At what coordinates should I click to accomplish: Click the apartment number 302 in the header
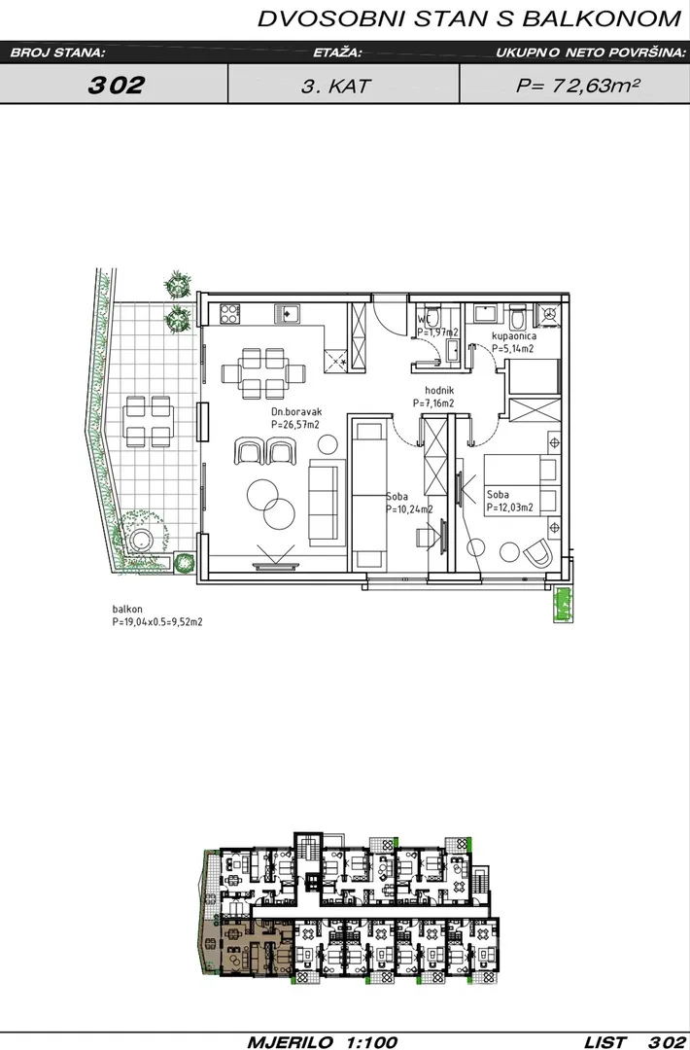(116, 85)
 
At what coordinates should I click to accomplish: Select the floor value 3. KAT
(335, 86)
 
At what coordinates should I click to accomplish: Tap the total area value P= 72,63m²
(577, 85)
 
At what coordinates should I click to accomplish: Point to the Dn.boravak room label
(296, 412)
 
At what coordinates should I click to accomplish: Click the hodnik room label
(439, 391)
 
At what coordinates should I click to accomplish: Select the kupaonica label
(513, 336)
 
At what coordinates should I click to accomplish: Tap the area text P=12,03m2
(510, 507)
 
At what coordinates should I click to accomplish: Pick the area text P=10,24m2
(409, 509)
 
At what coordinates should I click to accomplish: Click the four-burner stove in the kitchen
(229, 312)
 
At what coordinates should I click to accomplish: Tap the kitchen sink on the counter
(289, 313)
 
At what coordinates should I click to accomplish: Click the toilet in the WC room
(431, 314)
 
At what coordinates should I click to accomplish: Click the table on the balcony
(148, 421)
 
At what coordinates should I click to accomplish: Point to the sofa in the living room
(324, 503)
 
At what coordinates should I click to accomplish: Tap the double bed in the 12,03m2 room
(522, 483)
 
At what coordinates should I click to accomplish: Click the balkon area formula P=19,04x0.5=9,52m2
(157, 621)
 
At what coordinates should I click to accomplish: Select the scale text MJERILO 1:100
(323, 1042)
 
